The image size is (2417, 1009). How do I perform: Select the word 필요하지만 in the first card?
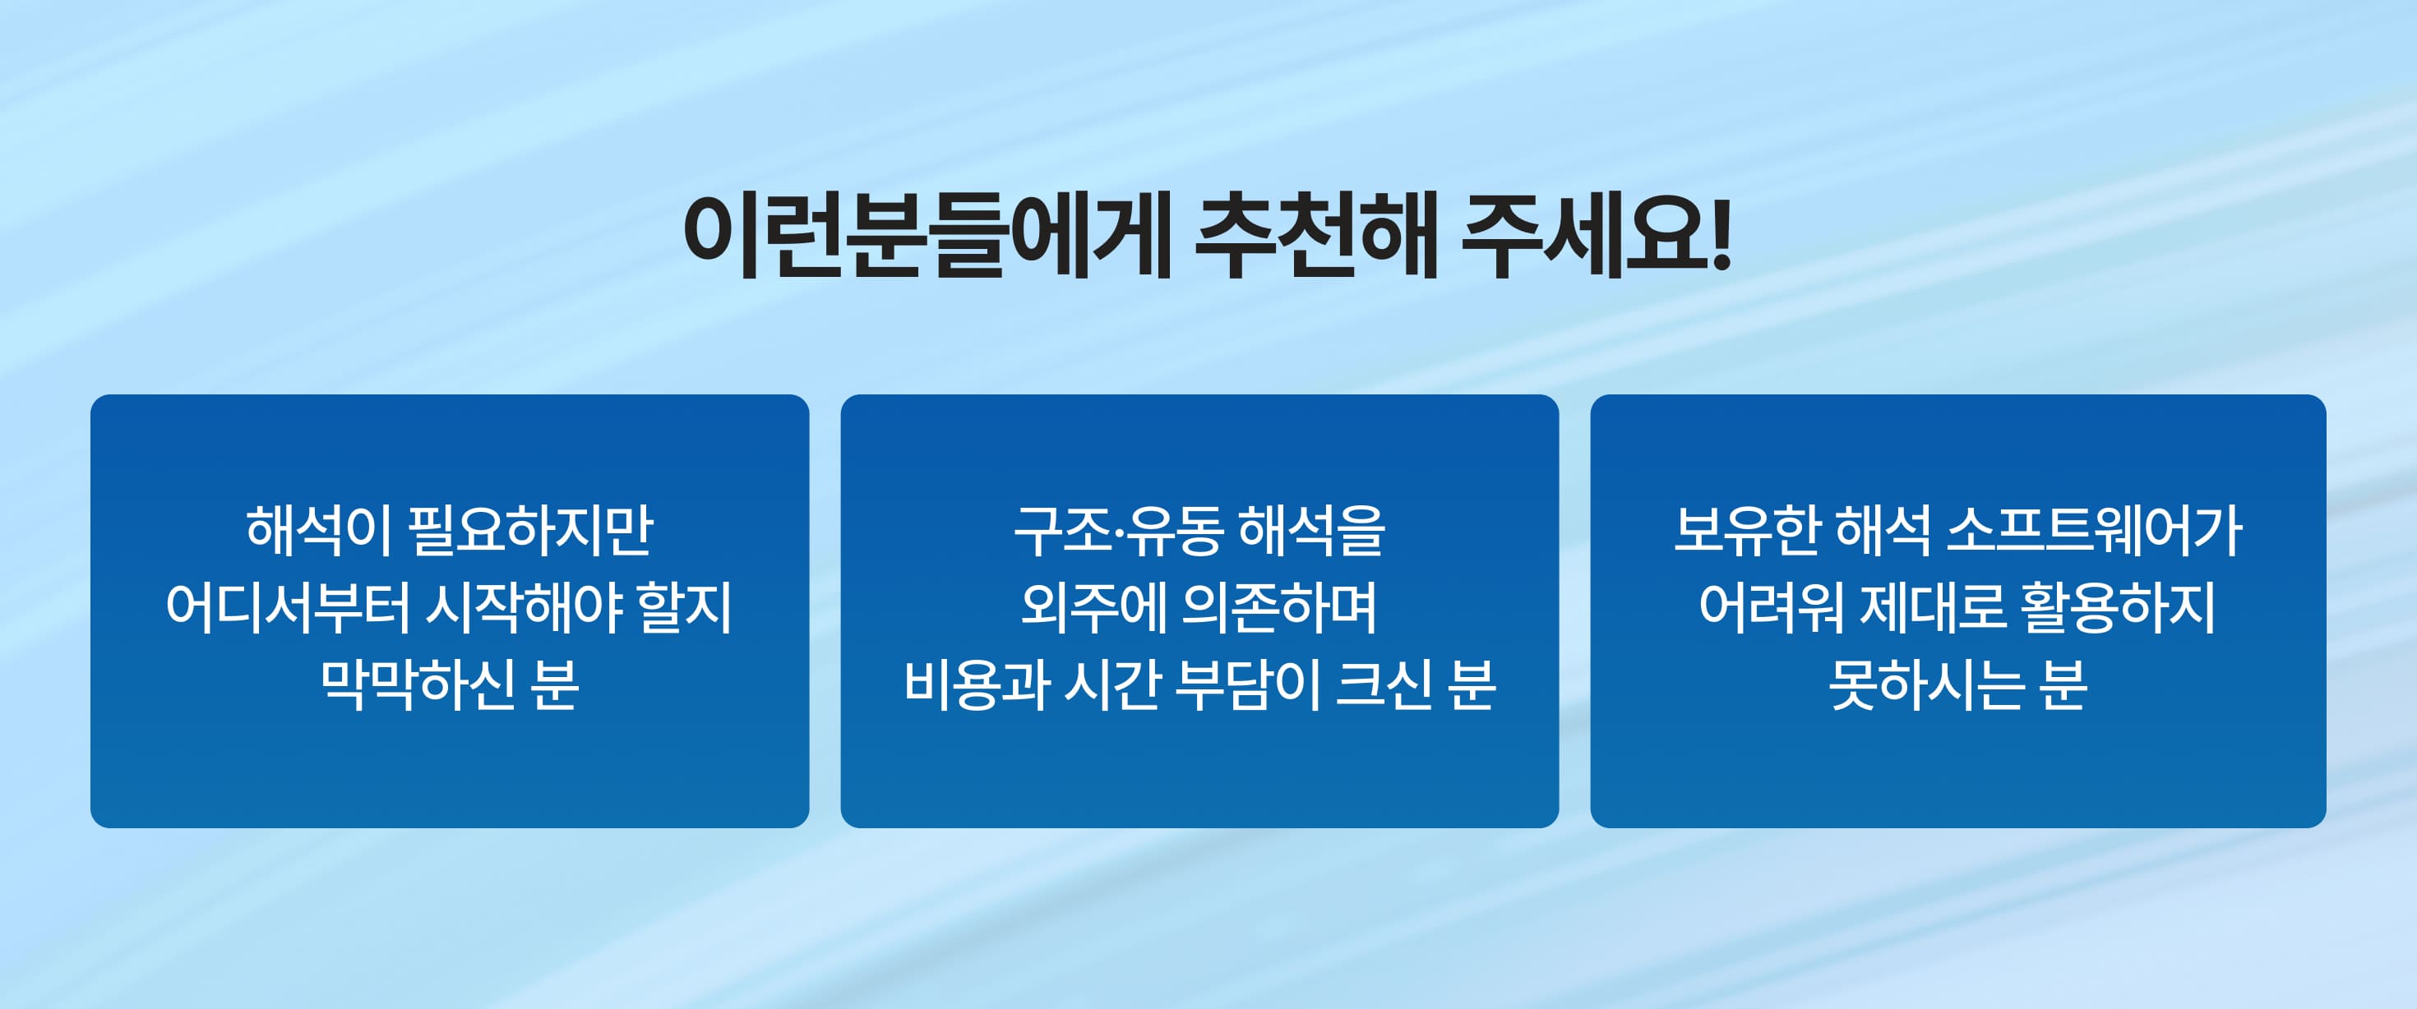click(x=531, y=531)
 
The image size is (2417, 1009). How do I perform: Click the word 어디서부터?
click(x=288, y=608)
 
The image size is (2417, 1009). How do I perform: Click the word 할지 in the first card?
click(x=685, y=608)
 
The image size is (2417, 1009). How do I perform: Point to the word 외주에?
click(x=1093, y=608)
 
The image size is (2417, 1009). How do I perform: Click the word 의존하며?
click(x=1280, y=608)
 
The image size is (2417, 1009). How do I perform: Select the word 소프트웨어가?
click(x=2094, y=531)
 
